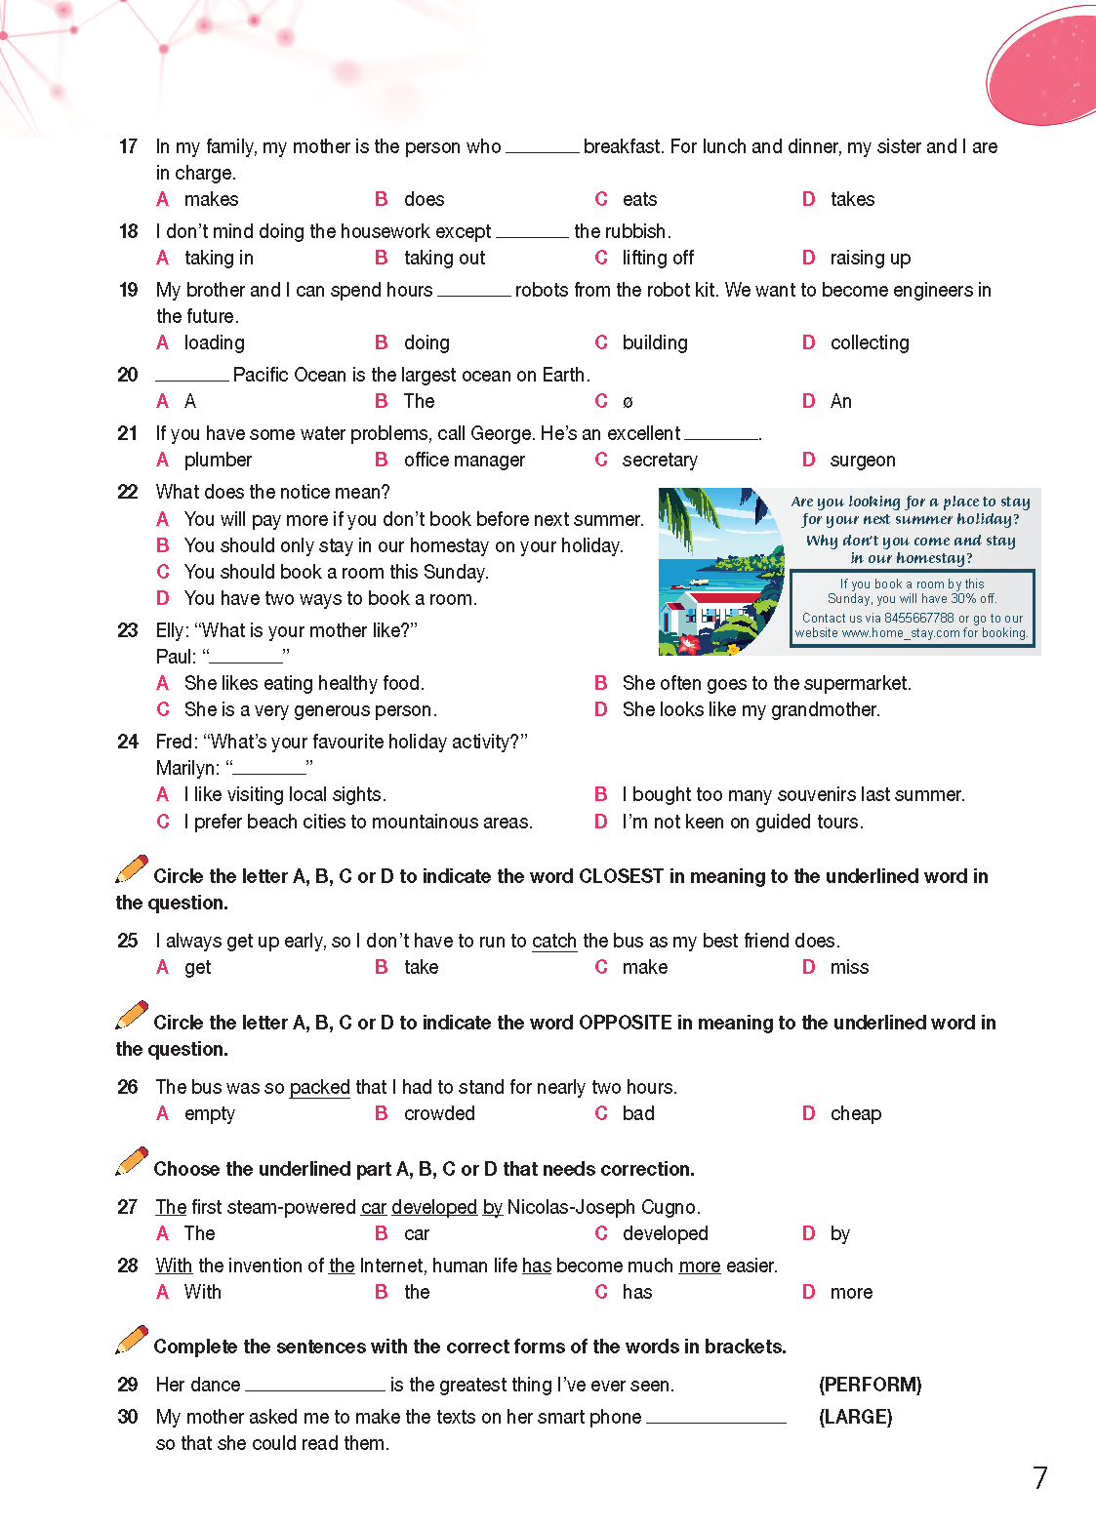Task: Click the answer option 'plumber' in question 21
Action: tap(218, 460)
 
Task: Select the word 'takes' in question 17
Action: tap(852, 199)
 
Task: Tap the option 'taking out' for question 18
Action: tap(444, 258)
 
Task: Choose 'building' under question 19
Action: tap(655, 342)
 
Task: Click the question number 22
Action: tap(128, 492)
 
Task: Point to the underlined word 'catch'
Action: tap(554, 941)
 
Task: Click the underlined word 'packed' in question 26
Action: tap(320, 1087)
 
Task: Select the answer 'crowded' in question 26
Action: tap(439, 1113)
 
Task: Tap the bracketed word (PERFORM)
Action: tap(870, 1385)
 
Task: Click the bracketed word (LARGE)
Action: tap(855, 1417)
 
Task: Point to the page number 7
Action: tap(1040, 1478)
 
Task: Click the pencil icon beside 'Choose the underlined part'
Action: tap(132, 1161)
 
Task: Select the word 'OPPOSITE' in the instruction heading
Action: tap(625, 1023)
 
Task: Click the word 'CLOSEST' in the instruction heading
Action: tap(621, 876)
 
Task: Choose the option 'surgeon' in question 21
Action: tap(863, 460)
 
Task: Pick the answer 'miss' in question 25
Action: tap(849, 967)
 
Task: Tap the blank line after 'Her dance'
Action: tap(315, 1386)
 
